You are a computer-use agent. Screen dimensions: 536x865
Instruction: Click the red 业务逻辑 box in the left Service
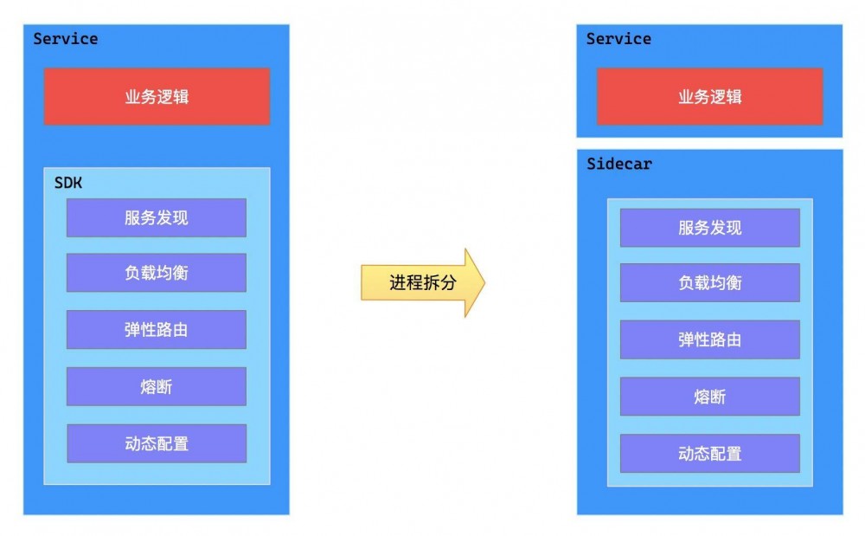(x=157, y=96)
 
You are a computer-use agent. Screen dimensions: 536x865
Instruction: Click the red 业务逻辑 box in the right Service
(x=709, y=96)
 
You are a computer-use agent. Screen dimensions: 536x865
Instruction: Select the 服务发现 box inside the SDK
(x=157, y=217)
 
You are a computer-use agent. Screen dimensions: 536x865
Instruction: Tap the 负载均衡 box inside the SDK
(x=157, y=273)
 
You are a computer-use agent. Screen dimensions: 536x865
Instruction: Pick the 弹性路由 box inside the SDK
(x=157, y=329)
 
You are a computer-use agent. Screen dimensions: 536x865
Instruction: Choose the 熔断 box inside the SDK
(x=157, y=386)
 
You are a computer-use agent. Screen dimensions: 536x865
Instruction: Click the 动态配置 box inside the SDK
(x=157, y=443)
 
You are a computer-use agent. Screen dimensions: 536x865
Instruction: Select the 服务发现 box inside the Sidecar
(x=709, y=228)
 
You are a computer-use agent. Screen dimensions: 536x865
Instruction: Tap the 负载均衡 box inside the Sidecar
(x=709, y=282)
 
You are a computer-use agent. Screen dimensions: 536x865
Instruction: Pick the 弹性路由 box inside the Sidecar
(x=709, y=339)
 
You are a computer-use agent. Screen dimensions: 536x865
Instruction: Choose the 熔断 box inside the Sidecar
(x=709, y=397)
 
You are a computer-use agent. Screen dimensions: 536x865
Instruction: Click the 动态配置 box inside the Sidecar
(x=709, y=453)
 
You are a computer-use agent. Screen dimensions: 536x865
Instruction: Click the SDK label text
(x=67, y=183)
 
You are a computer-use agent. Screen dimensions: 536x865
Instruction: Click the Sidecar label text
(x=618, y=164)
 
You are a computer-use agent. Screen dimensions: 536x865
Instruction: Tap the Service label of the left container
(x=66, y=39)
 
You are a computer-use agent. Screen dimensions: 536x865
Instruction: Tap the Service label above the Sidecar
(x=618, y=39)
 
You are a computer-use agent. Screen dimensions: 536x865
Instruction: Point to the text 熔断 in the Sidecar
(x=709, y=397)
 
